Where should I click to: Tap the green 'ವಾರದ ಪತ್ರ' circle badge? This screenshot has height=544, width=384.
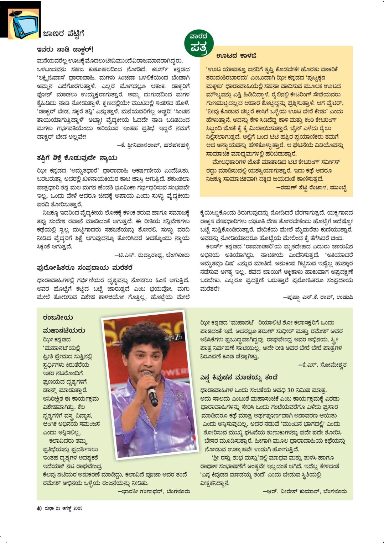(198, 43)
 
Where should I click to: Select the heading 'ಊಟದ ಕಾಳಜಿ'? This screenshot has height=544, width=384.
(236, 56)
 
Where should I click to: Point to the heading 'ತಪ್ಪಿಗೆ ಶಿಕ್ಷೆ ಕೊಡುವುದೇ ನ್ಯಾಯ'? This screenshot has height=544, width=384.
(77, 158)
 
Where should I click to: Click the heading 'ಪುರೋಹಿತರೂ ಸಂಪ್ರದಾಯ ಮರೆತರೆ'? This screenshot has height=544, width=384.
(85, 268)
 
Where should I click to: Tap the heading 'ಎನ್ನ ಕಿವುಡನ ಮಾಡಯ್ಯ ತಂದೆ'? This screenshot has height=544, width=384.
(239, 377)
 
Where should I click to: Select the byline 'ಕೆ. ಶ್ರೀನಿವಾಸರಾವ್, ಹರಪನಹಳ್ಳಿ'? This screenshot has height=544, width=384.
(153, 145)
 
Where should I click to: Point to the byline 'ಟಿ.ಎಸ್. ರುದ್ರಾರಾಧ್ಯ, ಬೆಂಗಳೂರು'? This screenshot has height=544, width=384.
(152, 255)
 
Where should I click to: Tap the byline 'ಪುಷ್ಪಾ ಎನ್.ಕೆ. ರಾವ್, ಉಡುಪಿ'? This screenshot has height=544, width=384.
(318, 297)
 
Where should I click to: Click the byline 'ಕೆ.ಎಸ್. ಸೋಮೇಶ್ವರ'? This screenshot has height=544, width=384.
(322, 365)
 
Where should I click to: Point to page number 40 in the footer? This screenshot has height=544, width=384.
(39, 508)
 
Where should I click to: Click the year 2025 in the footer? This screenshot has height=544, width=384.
(78, 508)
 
